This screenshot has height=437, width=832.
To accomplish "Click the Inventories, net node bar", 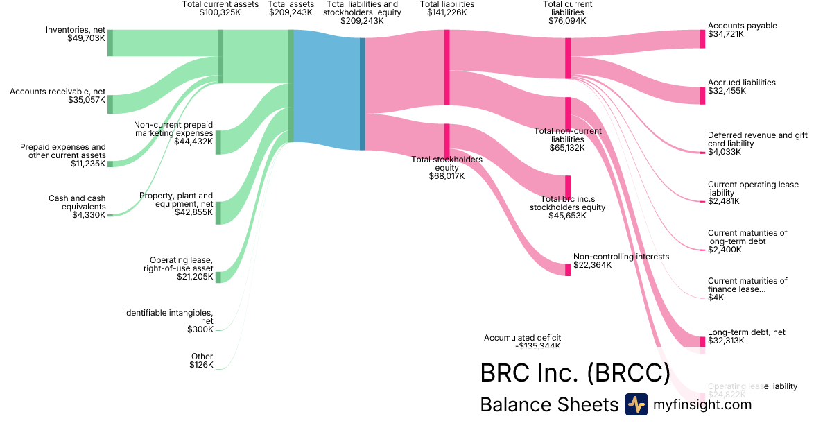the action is (x=110, y=43).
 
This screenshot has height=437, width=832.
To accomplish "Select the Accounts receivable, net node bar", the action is (x=110, y=104).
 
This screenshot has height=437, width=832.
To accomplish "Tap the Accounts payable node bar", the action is (x=702, y=39).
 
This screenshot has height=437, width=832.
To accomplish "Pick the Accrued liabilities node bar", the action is (x=702, y=96).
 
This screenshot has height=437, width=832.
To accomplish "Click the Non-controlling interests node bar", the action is (x=568, y=269).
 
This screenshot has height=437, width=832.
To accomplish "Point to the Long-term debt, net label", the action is (x=746, y=332).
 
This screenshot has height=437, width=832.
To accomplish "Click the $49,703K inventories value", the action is (x=87, y=39).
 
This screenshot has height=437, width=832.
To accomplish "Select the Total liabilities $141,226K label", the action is (x=447, y=8).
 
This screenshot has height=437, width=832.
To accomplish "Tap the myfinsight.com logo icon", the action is (x=636, y=404).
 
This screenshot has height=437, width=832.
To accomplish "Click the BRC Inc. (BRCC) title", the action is (x=575, y=373).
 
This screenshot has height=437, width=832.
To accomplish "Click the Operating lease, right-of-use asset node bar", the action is (x=218, y=277).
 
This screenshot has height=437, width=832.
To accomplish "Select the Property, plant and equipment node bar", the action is (x=218, y=213).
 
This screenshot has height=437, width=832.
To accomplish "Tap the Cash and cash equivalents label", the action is (x=77, y=203).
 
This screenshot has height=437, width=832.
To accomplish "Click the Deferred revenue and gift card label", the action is (x=758, y=139).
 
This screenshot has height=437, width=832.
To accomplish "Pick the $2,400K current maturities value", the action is (x=724, y=250).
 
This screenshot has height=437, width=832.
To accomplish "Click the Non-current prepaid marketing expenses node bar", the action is (x=218, y=142).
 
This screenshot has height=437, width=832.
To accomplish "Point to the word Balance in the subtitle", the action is (x=514, y=404).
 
